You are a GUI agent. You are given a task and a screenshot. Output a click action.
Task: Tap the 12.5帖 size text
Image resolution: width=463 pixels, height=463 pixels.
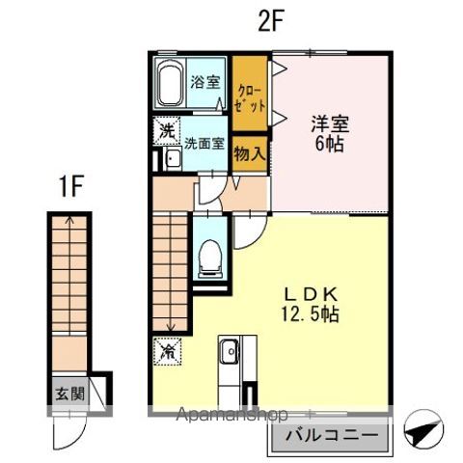pos(309,314)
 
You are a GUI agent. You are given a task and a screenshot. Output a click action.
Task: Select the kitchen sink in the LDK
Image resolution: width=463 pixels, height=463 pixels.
pos(230,356)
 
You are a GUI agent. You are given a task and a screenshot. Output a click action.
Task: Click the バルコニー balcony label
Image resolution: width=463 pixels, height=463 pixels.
pos(331,437)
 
